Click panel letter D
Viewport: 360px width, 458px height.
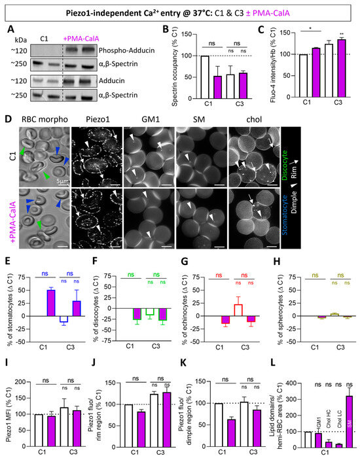[8, 120]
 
